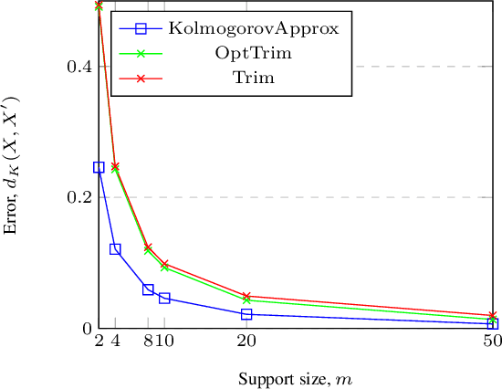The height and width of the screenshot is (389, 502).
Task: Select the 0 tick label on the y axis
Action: coord(84,329)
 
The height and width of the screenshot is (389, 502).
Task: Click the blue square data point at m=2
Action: coord(99,167)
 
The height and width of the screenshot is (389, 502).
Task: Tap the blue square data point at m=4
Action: coord(115,249)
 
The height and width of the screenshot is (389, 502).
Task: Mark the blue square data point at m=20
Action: coord(246,314)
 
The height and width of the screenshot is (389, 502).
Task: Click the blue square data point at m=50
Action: coord(493,323)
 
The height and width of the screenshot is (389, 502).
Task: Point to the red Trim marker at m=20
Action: coord(246,296)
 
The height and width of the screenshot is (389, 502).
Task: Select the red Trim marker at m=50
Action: coord(493,315)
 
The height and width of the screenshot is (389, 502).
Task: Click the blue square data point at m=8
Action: coord(148,289)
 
